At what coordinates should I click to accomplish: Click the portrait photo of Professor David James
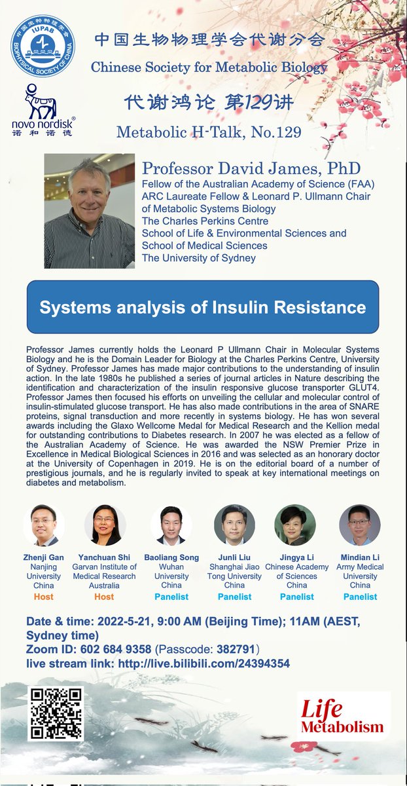point(90,212)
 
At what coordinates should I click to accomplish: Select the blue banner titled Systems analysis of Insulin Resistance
point(203,307)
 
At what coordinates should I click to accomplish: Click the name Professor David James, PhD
point(251,168)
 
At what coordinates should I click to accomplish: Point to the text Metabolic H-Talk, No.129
point(209,132)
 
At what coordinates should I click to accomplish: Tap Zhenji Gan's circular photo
point(43,525)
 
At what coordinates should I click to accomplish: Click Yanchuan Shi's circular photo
point(105,525)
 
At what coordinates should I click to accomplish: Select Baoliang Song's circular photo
point(171,525)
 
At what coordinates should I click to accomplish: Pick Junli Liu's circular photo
point(234,525)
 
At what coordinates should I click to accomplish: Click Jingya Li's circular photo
point(296,525)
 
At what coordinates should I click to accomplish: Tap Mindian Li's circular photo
point(360,525)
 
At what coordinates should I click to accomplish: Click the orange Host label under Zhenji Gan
point(43,597)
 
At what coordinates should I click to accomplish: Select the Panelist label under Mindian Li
point(360,597)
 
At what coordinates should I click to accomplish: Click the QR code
point(56,713)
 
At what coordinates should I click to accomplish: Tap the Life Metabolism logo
point(342,717)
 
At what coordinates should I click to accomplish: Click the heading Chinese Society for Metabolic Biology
point(209,67)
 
